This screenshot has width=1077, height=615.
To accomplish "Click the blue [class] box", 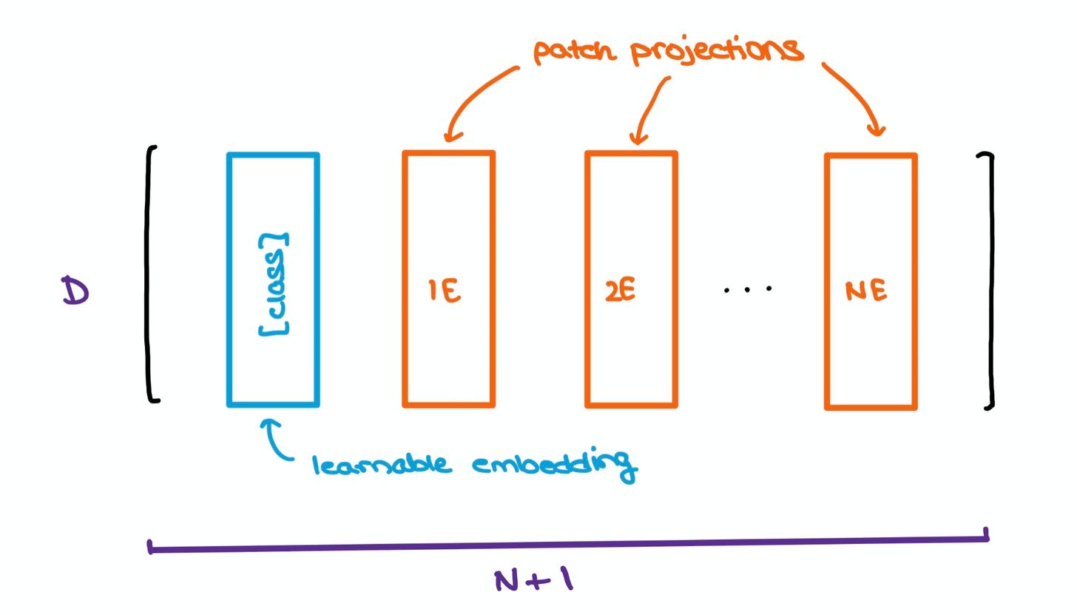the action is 227,280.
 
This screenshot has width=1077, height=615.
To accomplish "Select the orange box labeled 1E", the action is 404,280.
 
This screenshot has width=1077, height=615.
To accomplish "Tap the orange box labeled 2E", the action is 587,280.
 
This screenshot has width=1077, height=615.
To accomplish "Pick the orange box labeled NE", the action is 827,282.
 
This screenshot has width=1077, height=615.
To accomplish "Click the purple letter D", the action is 75,291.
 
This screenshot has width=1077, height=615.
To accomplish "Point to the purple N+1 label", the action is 534,580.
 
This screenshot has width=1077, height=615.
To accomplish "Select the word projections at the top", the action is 717,52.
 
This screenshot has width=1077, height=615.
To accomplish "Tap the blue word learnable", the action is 382,464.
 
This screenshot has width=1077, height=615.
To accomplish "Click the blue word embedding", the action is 555,464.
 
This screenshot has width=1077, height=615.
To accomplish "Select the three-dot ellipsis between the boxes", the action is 748,289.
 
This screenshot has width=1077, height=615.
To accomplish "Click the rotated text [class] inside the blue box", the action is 274,284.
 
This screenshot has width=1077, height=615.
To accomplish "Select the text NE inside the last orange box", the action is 866,291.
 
